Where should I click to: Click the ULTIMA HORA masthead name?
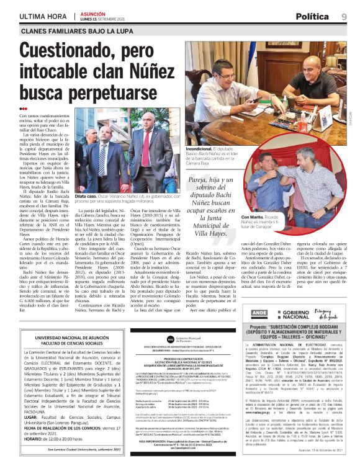pos(43,16)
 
